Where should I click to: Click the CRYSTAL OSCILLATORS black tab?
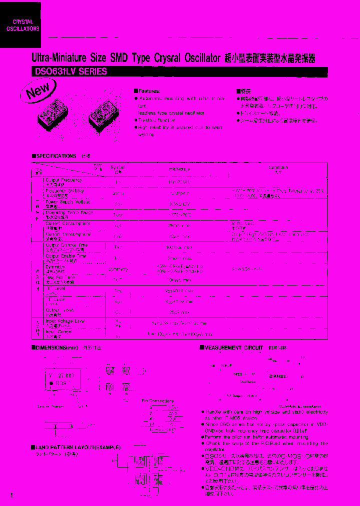pyautogui.click(x=20, y=25)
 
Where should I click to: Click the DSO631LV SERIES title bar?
pyautogui.click(x=69, y=71)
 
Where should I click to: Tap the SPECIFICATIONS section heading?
pyautogui.click(x=54, y=156)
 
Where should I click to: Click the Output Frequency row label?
pyautogui.click(x=63, y=180)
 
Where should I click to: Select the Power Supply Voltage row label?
pyautogui.click(x=68, y=202)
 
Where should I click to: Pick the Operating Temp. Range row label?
pyautogui.click(x=69, y=213)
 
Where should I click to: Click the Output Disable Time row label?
pyautogui.click(x=66, y=245)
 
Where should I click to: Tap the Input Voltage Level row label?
pyautogui.click(x=65, y=321)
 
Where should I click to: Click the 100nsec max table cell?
pyautogui.click(x=179, y=247)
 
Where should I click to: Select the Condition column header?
pyautogui.click(x=278, y=168)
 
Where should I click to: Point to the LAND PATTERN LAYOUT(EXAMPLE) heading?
pyautogui.click(x=77, y=446)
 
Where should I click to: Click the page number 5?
pyautogui.click(x=11, y=494)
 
